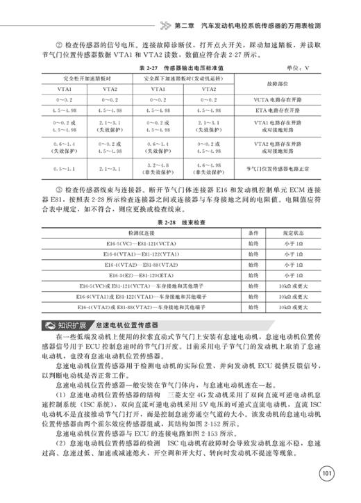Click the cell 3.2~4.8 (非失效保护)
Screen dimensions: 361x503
click(154, 168)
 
